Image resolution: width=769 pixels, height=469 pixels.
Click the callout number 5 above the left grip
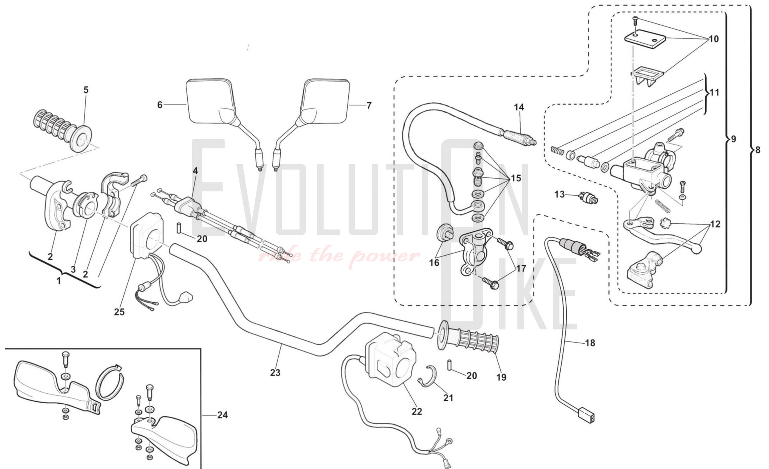(86, 90)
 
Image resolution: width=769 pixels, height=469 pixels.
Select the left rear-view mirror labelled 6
(210, 102)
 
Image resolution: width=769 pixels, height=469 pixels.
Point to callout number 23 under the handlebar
(275, 373)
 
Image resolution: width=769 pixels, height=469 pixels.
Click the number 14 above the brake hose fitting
(519, 107)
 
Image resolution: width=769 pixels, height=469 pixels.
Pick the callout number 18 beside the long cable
(590, 343)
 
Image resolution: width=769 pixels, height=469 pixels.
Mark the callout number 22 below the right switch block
(417, 411)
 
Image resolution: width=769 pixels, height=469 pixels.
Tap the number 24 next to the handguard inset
(222, 415)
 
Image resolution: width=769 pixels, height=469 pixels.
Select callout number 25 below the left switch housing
(119, 312)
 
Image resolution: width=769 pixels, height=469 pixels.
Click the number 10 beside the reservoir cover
(713, 39)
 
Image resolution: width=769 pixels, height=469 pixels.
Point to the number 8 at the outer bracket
(757, 150)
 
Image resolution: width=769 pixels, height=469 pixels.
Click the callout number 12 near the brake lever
(715, 224)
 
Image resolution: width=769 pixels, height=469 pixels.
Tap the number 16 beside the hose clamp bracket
(434, 263)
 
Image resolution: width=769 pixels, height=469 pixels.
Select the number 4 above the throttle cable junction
(195, 170)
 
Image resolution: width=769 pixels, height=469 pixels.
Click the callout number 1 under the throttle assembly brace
(59, 281)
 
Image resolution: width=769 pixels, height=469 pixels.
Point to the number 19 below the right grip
(501, 378)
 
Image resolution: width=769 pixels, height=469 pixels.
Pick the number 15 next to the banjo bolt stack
(516, 178)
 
